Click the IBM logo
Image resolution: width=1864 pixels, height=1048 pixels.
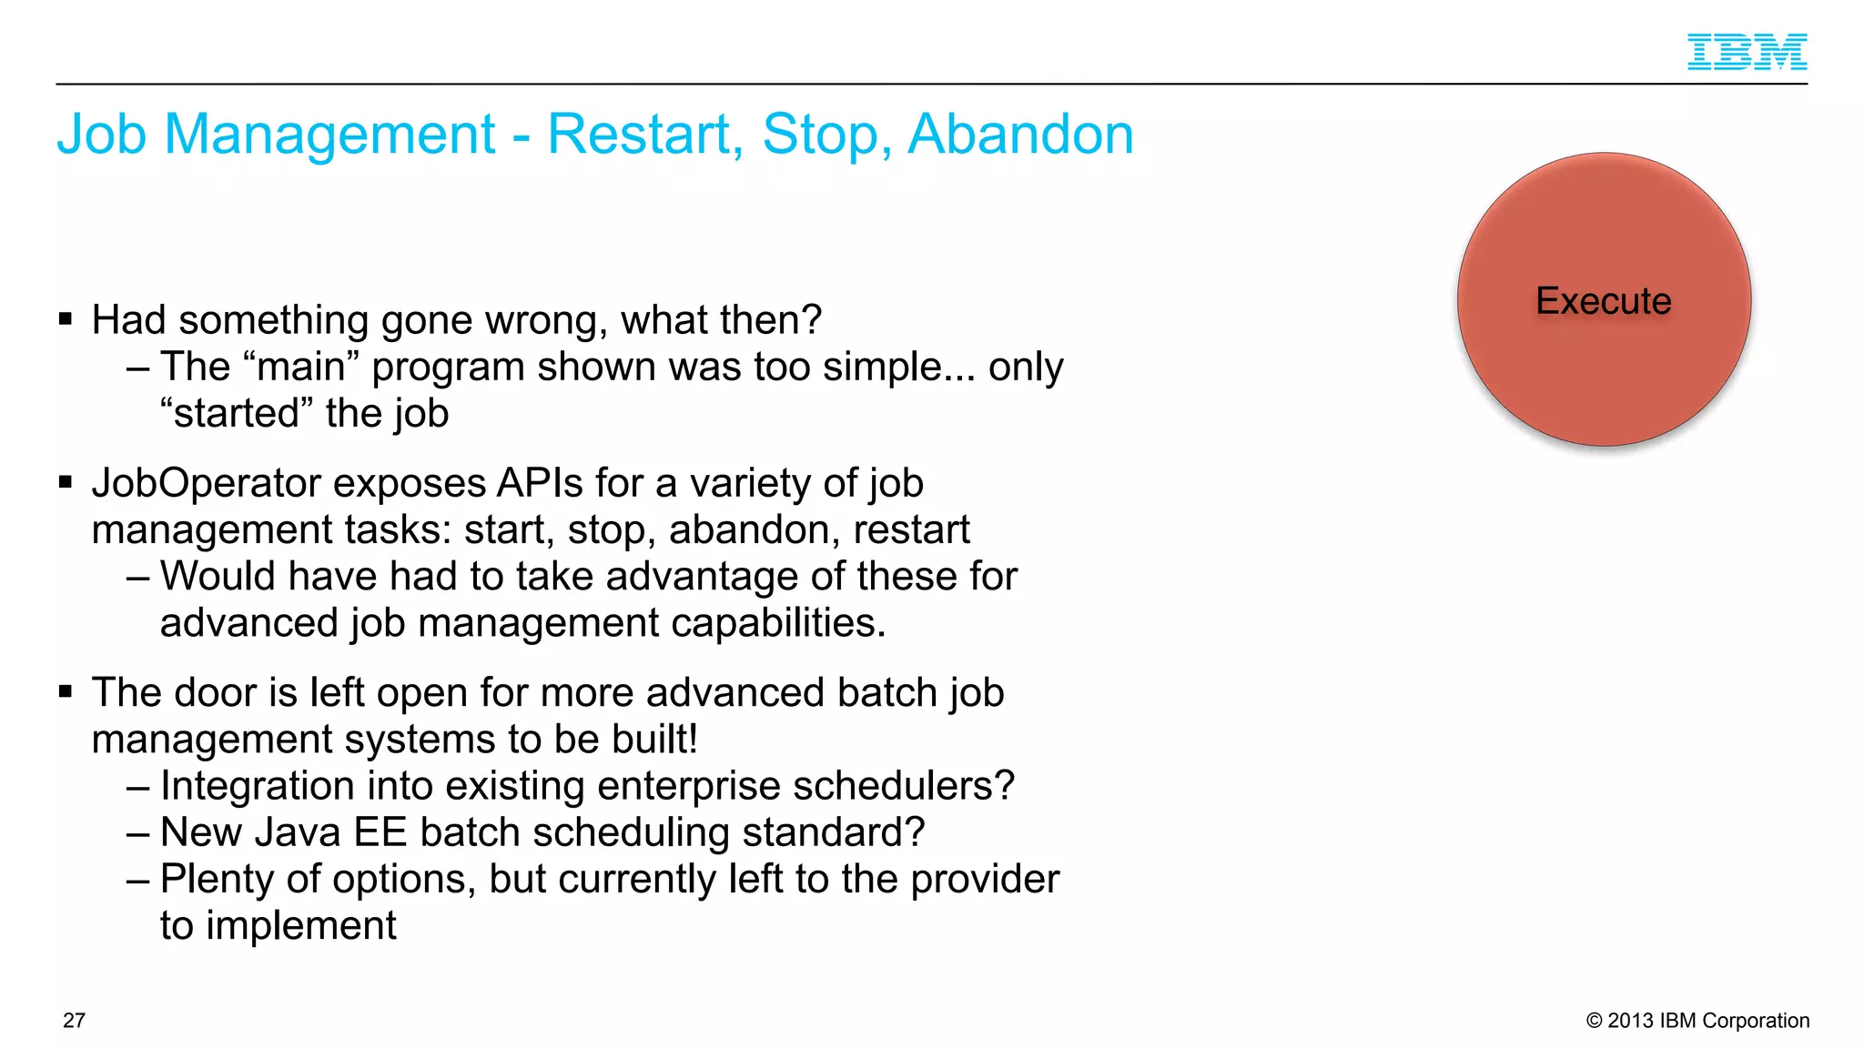(1747, 52)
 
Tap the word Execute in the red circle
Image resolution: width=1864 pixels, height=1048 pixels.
(1603, 301)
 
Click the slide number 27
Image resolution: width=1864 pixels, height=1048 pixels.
(74, 1021)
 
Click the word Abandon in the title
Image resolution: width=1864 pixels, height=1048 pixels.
(1020, 134)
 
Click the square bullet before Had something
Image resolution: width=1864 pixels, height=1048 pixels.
(65, 319)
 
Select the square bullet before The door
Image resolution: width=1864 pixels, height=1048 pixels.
(65, 692)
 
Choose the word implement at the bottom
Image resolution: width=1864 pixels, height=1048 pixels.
(300, 926)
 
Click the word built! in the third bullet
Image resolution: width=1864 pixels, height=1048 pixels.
(654, 740)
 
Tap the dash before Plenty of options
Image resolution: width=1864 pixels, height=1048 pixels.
(138, 880)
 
